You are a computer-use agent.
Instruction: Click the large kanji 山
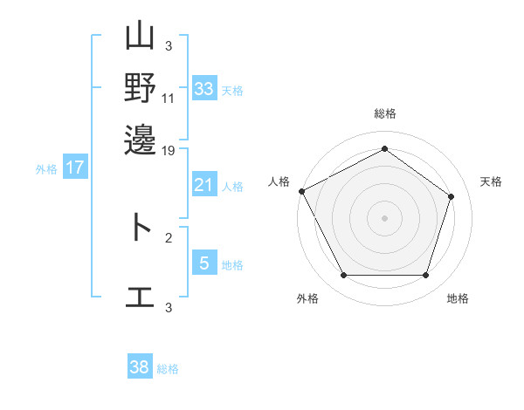(140, 36)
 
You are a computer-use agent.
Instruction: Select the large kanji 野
(140, 87)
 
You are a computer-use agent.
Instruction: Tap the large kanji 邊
(140, 140)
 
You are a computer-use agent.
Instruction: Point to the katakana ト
(141, 227)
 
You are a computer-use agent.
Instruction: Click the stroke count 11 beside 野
(168, 99)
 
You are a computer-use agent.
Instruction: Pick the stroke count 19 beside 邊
(168, 151)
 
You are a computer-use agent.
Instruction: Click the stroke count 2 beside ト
(169, 238)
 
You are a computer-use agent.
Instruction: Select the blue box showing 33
(204, 88)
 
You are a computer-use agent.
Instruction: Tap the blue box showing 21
(204, 184)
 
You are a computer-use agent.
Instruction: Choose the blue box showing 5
(204, 262)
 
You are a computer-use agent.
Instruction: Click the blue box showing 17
(75, 167)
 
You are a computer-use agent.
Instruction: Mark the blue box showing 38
(140, 366)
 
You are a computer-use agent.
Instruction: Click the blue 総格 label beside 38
(168, 369)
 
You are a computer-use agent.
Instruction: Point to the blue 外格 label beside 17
(46, 169)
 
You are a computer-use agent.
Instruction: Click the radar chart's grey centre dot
(384, 218)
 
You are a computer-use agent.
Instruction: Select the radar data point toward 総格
(384, 148)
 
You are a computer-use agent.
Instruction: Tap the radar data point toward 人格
(302, 191)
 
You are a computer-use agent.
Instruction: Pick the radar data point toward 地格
(426, 275)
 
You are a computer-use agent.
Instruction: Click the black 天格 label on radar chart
(491, 181)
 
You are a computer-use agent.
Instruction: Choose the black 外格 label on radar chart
(307, 298)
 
